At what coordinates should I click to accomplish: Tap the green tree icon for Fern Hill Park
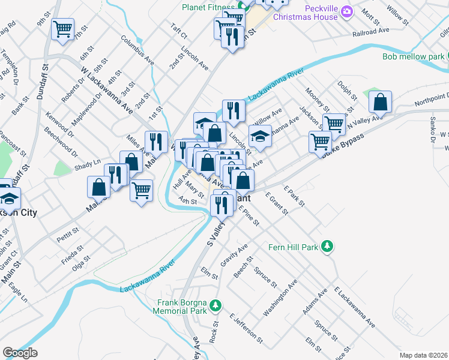pos(327,247)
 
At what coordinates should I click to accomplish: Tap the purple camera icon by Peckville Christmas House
pos(346,11)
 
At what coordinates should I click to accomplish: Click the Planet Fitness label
pos(208,7)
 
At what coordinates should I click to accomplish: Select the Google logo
pos(20,353)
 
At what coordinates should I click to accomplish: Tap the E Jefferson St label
pos(246,328)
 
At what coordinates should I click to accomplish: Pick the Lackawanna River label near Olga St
pos(147,276)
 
